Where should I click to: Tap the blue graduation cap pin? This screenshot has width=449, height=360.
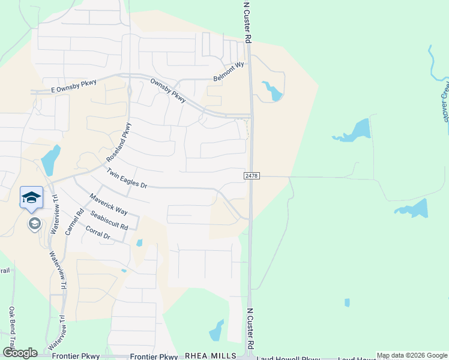(31, 197)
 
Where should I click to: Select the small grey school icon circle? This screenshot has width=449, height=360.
(35, 224)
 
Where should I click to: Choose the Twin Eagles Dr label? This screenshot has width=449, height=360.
(127, 178)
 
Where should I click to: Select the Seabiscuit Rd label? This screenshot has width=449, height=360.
(109, 220)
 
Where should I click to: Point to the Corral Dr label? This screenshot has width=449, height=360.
(98, 233)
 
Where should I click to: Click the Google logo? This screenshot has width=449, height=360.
(20, 353)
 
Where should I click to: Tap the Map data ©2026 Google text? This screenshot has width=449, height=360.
(412, 356)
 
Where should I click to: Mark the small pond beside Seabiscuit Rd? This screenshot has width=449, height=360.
(139, 243)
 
